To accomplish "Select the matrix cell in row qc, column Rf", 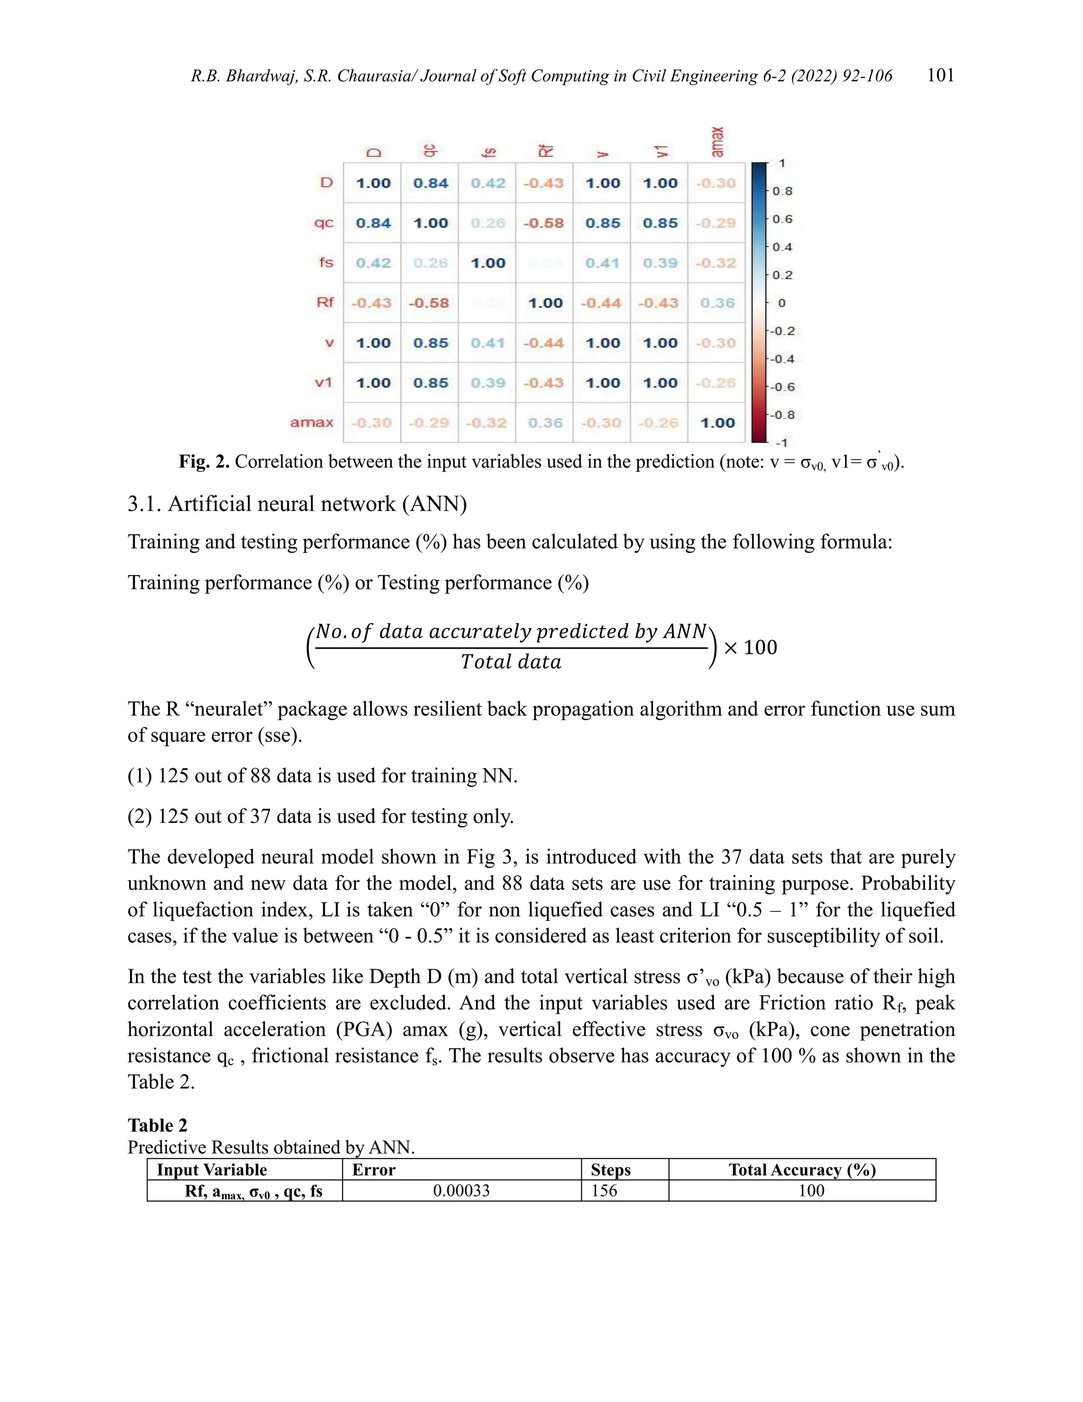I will pyautogui.click(x=544, y=223).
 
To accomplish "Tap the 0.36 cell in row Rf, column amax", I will pyautogui.click(x=717, y=303).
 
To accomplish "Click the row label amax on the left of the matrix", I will pyautogui.click(x=312, y=422).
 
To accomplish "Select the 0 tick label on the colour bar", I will pyautogui.click(x=782, y=303).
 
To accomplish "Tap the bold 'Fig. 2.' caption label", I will pyautogui.click(x=204, y=461).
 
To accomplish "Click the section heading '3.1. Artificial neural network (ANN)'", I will pyautogui.click(x=297, y=504).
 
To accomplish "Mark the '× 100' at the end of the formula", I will pyautogui.click(x=750, y=647).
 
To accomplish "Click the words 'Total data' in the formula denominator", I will pyautogui.click(x=511, y=662).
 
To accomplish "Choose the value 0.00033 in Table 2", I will pyautogui.click(x=461, y=1191).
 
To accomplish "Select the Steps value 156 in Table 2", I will pyautogui.click(x=604, y=1191).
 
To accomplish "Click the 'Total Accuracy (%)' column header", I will pyautogui.click(x=802, y=1170).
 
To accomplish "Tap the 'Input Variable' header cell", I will pyautogui.click(x=212, y=1170).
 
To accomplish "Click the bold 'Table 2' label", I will pyautogui.click(x=157, y=1125).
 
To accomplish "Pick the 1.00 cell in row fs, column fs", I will pyautogui.click(x=488, y=263).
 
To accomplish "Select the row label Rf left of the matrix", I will pyautogui.click(x=325, y=302).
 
